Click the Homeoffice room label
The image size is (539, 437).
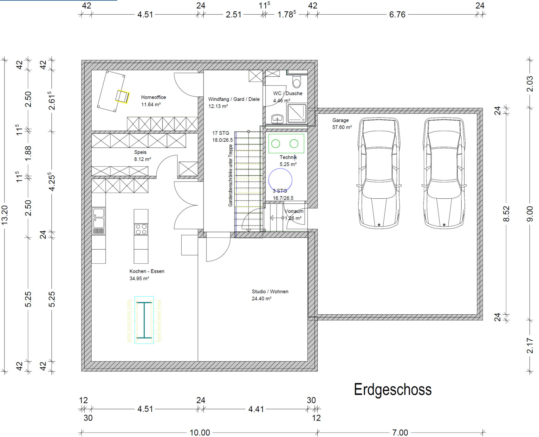coord(153,97)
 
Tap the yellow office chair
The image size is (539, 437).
coord(122,97)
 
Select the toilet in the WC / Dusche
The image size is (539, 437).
coord(297,81)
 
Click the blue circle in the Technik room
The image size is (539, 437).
coord(280,180)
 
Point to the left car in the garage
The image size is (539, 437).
coord(379,173)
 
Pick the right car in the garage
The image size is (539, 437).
coord(444,173)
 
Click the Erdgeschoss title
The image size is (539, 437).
coord(393,389)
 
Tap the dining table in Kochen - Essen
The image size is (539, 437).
coord(144,320)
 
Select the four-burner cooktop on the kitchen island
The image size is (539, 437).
coord(141,229)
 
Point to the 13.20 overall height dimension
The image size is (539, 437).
coord(5,215)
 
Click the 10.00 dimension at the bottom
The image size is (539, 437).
coord(200,432)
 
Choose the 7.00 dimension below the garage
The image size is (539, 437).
coord(400,432)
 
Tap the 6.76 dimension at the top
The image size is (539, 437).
coord(397,15)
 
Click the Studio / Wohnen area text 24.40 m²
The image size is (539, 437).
coord(262,299)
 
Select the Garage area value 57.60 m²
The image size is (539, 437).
coord(342,127)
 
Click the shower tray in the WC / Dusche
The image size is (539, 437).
coord(297,113)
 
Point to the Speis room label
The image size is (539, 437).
coord(140,152)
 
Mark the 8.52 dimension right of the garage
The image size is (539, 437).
coord(506,214)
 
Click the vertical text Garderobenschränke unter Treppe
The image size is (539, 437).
coord(231,176)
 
